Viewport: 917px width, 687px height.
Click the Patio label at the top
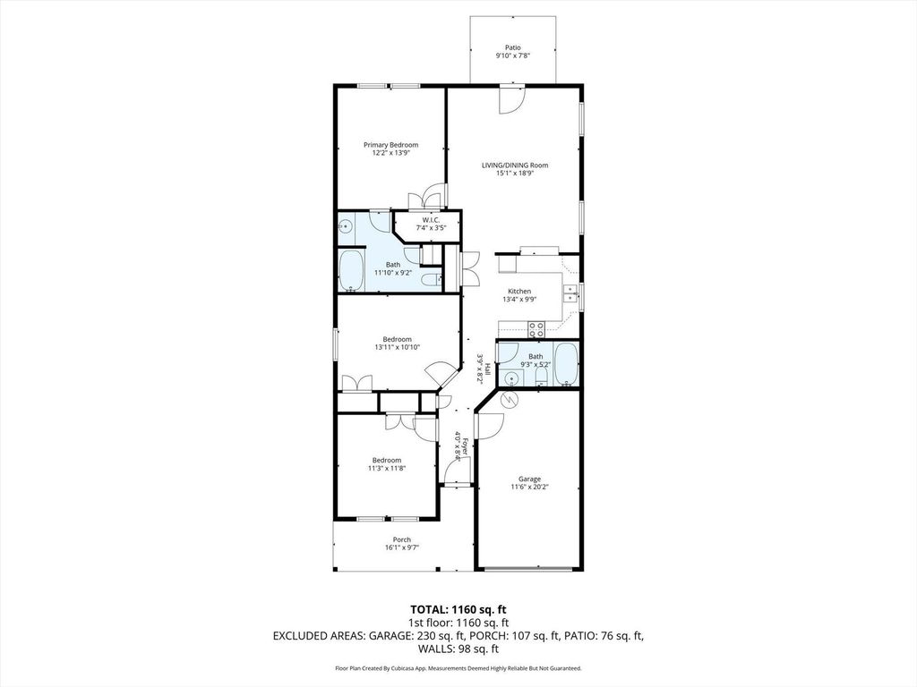click(x=512, y=48)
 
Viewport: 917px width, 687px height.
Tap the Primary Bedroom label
click(x=390, y=145)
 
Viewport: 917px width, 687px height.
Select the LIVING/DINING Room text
click(x=515, y=165)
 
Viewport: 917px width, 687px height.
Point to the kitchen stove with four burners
click(x=536, y=329)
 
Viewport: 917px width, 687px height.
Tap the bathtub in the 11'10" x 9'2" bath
click(x=350, y=272)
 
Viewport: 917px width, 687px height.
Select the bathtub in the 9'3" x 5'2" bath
click(x=565, y=365)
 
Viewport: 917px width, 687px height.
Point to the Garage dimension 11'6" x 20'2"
click(x=528, y=487)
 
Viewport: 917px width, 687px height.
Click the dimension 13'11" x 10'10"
click(x=397, y=347)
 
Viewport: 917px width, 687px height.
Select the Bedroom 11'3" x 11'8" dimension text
click(x=387, y=468)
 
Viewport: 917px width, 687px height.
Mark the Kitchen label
click(x=519, y=292)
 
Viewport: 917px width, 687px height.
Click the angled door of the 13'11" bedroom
click(x=439, y=374)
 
